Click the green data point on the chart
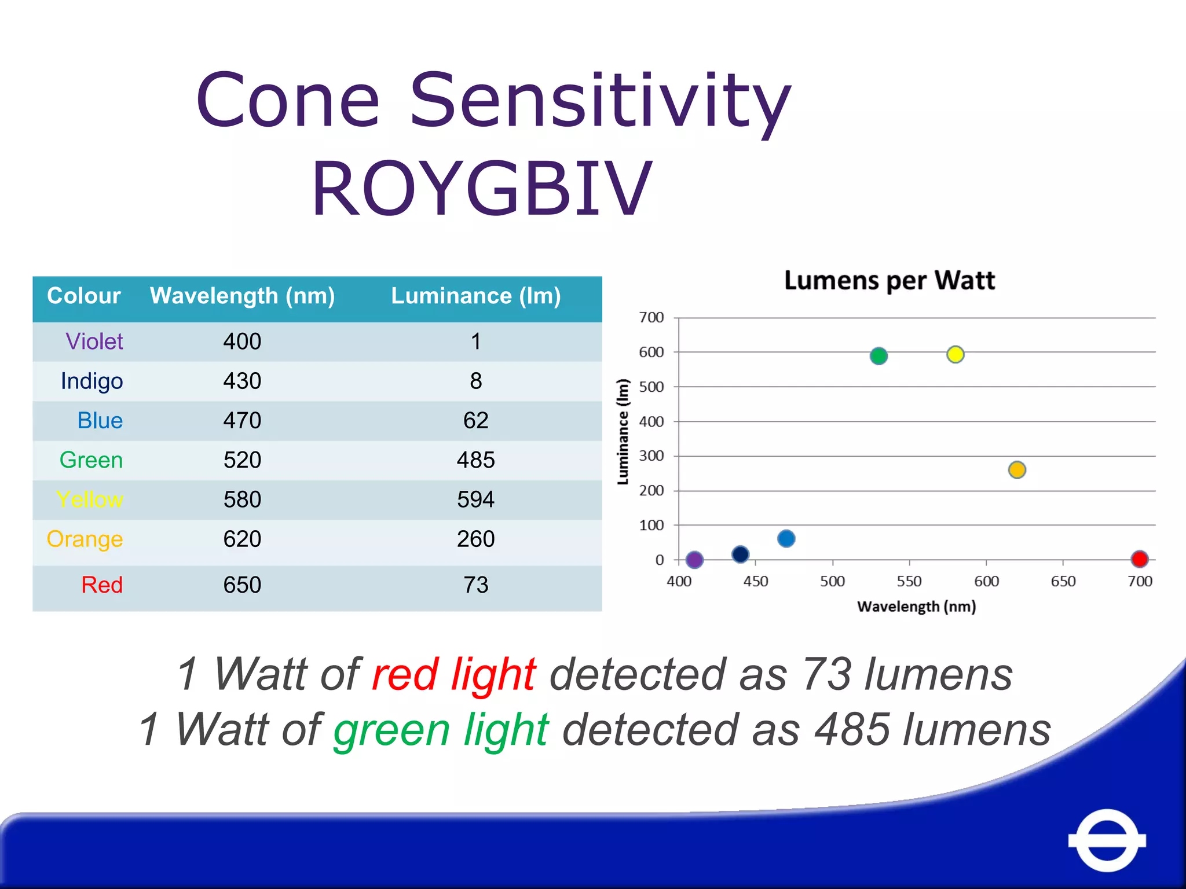pos(878,356)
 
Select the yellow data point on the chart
pos(955,354)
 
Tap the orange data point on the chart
pos(1017,469)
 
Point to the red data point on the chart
pos(1139,559)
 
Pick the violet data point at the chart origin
pos(694,560)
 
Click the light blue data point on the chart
pos(786,539)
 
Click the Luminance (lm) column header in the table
pos(475,296)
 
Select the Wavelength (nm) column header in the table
pos(242,296)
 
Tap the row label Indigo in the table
pos(91,381)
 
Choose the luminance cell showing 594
pos(475,499)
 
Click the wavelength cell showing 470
pos(242,421)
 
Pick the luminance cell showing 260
pos(475,539)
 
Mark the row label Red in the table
pos(102,585)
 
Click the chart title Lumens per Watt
pos(889,281)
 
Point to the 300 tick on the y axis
pos(651,456)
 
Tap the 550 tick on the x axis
pos(909,581)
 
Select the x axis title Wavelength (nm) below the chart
pos(916,607)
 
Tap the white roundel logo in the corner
pos(1107,840)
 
